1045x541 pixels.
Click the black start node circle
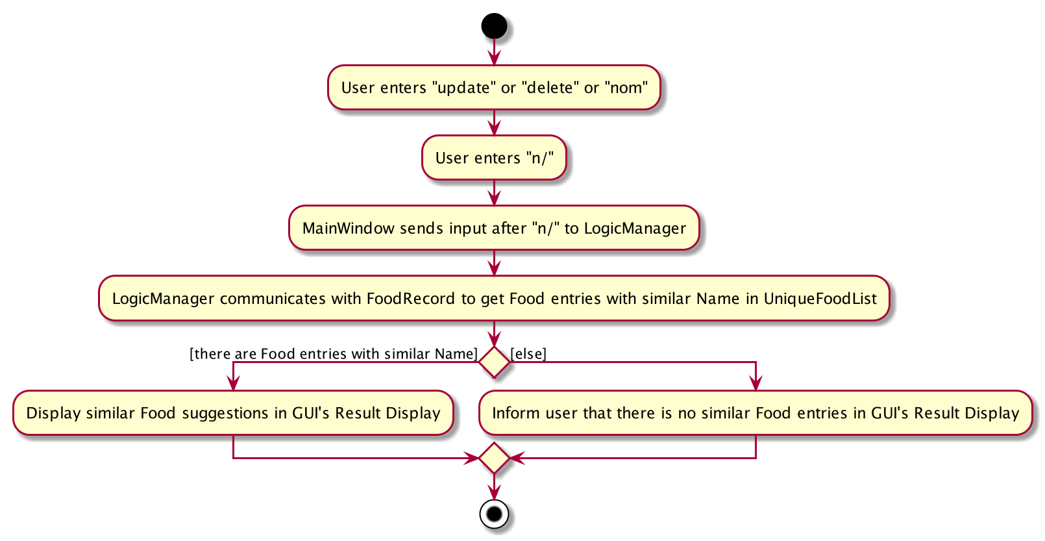pyautogui.click(x=494, y=26)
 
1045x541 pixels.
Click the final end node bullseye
pyautogui.click(x=494, y=514)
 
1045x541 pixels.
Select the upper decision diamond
pyautogui.click(x=494, y=362)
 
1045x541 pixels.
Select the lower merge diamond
pyautogui.click(x=494, y=458)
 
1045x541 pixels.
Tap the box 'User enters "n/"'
pyautogui.click(x=494, y=158)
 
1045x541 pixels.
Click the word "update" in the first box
pyautogui.click(x=463, y=88)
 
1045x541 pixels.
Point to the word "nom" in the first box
pyautogui.click(x=626, y=88)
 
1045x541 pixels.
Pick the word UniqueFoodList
pyautogui.click(x=820, y=299)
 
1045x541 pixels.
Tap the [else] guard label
pyautogui.click(x=528, y=354)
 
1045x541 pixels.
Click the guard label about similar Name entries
pyautogui.click(x=334, y=354)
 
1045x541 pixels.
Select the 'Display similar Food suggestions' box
pyautogui.click(x=233, y=413)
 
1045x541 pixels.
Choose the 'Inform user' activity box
pyautogui.click(x=756, y=413)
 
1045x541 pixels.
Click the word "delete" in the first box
pyautogui.click(x=550, y=88)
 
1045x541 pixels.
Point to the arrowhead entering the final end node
pyautogui.click(x=494, y=492)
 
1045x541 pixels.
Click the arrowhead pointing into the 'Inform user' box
pyautogui.click(x=756, y=383)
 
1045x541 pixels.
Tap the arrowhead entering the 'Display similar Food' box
pyautogui.click(x=233, y=383)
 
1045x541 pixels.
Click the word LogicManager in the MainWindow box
pyautogui.click(x=635, y=228)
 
